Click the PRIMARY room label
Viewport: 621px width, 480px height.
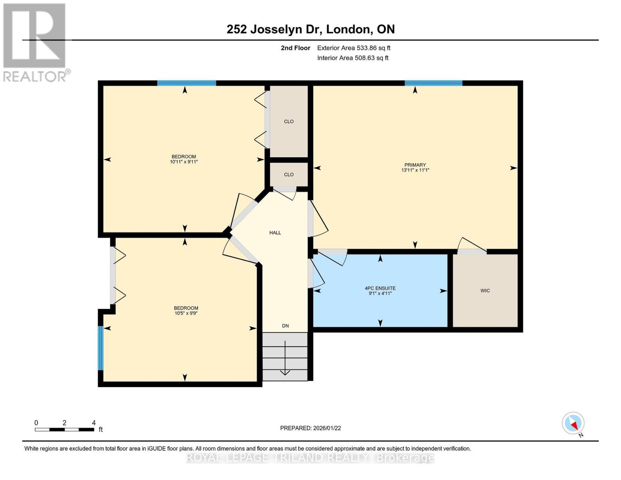click(x=415, y=165)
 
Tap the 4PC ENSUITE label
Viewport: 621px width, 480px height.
click(x=380, y=288)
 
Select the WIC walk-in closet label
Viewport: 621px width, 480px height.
click(x=485, y=291)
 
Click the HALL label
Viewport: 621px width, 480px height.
click(x=275, y=233)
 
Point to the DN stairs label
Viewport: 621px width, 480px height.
click(x=285, y=326)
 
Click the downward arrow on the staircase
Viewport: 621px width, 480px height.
click(x=285, y=358)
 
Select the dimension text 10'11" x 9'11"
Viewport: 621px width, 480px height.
click(x=184, y=162)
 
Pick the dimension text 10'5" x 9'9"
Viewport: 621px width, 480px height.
click(x=186, y=313)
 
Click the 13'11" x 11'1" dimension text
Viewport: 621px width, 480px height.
click(x=415, y=170)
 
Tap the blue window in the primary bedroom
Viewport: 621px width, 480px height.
click(x=433, y=83)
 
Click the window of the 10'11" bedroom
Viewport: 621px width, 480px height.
click(x=186, y=83)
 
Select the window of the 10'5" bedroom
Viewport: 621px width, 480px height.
click(x=101, y=348)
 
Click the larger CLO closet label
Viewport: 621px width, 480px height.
click(x=289, y=122)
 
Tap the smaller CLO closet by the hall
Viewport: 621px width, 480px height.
click(x=289, y=175)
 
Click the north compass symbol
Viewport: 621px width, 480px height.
click(x=573, y=423)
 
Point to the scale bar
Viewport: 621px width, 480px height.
click(x=64, y=430)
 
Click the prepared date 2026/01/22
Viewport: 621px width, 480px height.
click(x=310, y=428)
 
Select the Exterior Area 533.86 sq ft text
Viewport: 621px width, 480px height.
click(x=353, y=48)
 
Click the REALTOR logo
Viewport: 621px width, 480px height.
click(x=36, y=42)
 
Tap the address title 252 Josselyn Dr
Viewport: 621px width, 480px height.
click(x=310, y=29)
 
